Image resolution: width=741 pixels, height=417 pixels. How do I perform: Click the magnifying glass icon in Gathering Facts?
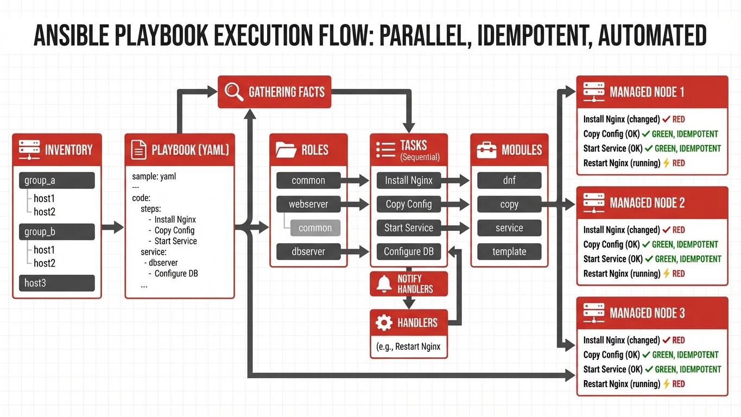234,92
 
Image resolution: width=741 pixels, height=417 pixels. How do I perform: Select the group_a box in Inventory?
57,180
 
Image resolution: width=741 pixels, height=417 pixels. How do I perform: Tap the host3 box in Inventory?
57,283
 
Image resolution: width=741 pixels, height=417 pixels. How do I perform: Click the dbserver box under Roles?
308,251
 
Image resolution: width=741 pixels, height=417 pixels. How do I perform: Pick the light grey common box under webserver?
315,228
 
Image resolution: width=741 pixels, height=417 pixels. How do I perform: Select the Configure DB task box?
409,251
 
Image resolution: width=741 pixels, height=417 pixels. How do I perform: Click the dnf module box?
509,180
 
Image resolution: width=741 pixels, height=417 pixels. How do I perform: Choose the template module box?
509,251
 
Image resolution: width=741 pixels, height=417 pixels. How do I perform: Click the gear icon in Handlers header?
384,323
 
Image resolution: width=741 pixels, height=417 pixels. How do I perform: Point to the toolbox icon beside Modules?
486,150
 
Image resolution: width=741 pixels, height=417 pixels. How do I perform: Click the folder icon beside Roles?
286,150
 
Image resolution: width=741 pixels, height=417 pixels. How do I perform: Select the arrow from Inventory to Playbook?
113,228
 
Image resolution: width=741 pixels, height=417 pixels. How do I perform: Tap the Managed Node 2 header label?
647,203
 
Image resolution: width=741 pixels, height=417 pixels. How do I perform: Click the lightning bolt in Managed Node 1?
666,163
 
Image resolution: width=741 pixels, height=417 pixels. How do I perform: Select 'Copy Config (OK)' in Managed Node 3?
611,355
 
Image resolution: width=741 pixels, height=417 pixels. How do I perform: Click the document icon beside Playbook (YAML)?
139,150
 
